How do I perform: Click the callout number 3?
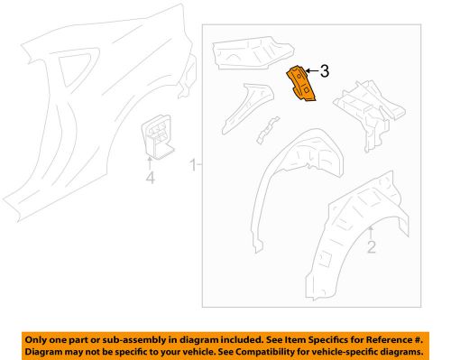[x=325, y=70]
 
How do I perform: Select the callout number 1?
[x=191, y=164]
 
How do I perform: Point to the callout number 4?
[x=151, y=179]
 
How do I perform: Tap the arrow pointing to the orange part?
[x=311, y=70]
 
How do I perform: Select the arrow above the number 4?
[x=151, y=162]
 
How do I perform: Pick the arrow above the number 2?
[x=371, y=231]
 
